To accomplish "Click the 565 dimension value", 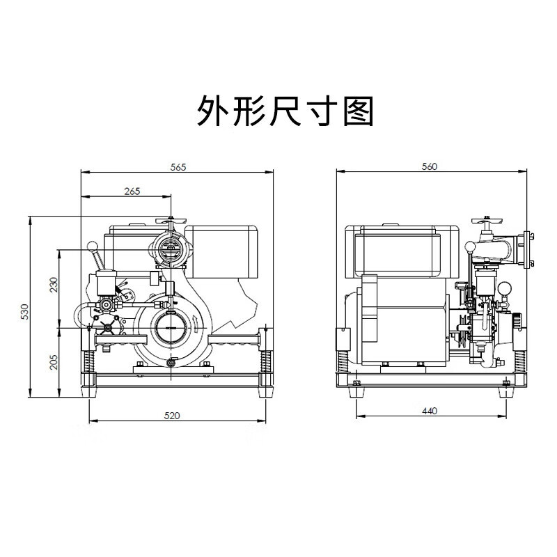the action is coord(178,167).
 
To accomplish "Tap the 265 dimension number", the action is coord(132,191).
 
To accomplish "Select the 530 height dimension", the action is coord(25,311).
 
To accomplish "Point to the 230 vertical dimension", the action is coord(54,285).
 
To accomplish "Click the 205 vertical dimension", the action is coord(54,362).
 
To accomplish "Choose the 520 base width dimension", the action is coord(172,416).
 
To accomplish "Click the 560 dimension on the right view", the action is coord(430,166).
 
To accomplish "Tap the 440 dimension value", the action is coord(430,411).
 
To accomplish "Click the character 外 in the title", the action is coord(213,111).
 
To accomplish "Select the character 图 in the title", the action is coord(358,111).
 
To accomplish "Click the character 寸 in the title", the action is coord(322,111).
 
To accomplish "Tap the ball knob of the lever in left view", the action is coord(92,246).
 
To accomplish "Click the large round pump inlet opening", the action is coord(170,327).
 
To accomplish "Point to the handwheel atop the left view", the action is coord(171,221).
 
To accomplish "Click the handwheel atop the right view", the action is coord(487,220).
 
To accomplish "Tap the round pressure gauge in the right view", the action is coord(503,288).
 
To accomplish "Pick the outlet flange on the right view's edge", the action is coord(528,249).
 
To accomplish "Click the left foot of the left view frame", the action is coord(89,392).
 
